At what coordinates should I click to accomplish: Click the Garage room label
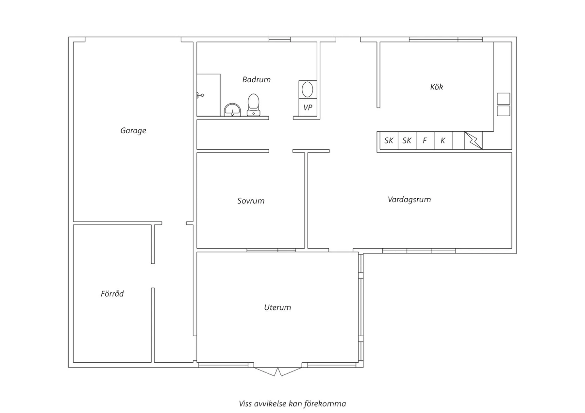click(133, 131)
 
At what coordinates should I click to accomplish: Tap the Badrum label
click(257, 79)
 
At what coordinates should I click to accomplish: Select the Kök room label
click(437, 86)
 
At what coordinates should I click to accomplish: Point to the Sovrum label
click(251, 201)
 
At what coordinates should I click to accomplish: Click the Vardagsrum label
click(409, 199)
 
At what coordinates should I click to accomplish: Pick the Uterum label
click(277, 307)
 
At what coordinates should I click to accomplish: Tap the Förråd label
click(112, 293)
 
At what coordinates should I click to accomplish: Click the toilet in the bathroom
click(253, 105)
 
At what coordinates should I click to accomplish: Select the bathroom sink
click(232, 110)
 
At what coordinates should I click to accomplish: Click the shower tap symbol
click(200, 95)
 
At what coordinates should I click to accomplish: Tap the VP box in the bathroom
click(308, 108)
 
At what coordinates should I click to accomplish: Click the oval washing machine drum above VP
click(308, 90)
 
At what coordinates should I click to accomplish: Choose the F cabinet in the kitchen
click(425, 141)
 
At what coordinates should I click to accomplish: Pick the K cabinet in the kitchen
click(443, 141)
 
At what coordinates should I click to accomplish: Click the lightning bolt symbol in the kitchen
click(473, 141)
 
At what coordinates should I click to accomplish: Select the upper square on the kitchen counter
click(503, 99)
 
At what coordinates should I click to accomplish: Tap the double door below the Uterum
click(278, 372)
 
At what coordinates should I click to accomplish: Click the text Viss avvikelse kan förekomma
click(292, 404)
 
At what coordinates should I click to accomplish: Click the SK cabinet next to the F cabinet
click(407, 141)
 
